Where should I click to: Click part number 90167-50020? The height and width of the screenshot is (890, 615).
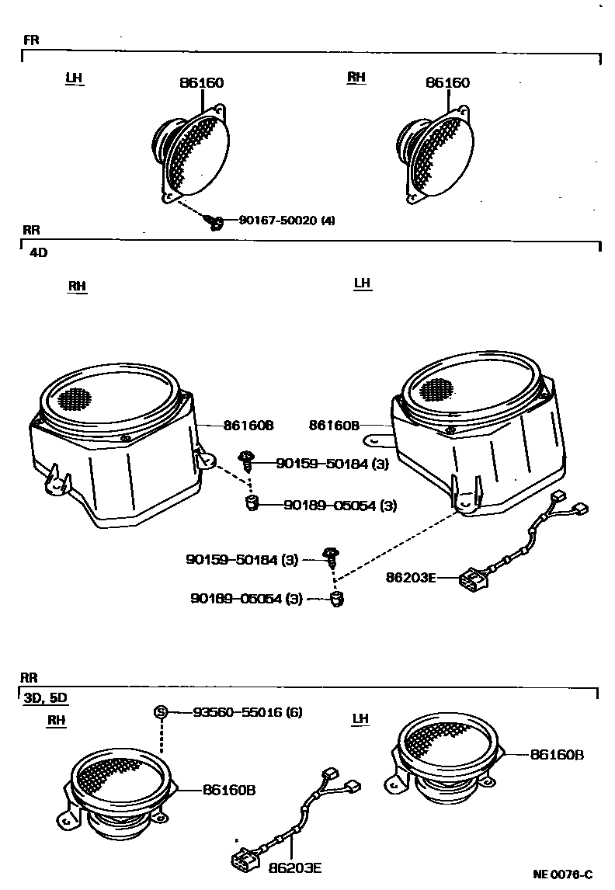pyautogui.click(x=277, y=221)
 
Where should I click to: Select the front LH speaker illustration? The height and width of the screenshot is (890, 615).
pyautogui.click(x=190, y=154)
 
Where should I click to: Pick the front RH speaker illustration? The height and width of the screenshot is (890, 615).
pyautogui.click(x=436, y=154)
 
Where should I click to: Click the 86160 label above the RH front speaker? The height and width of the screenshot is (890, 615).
pyautogui.click(x=447, y=83)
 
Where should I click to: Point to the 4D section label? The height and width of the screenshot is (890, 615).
pyautogui.click(x=38, y=252)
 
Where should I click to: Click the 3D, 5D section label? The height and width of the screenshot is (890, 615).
pyautogui.click(x=45, y=697)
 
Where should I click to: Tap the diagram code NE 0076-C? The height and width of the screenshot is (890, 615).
pyautogui.click(x=562, y=874)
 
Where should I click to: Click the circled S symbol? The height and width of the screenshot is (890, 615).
pyautogui.click(x=161, y=711)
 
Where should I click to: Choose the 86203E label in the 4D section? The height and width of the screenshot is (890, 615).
pyautogui.click(x=411, y=577)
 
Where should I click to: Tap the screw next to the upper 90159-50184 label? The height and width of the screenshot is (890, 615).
pyautogui.click(x=246, y=461)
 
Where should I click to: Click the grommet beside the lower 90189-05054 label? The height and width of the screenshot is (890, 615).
pyautogui.click(x=336, y=598)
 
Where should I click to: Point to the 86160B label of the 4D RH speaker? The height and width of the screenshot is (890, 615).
pyautogui.click(x=248, y=426)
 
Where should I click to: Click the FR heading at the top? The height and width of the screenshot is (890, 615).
pyautogui.click(x=31, y=40)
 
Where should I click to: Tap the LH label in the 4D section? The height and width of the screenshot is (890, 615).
pyautogui.click(x=362, y=283)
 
